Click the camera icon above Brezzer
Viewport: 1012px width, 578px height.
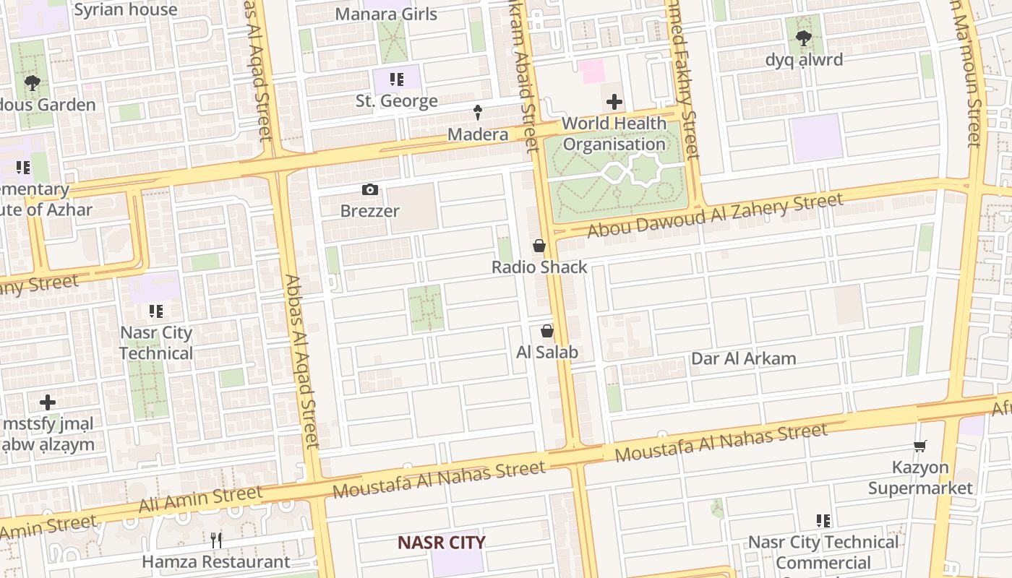tap(369, 190)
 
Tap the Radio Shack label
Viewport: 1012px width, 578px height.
tap(539, 267)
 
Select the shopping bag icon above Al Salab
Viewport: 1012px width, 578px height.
tap(547, 332)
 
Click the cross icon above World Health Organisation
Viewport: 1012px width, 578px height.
tap(614, 102)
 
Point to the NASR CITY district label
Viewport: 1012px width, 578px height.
tap(442, 543)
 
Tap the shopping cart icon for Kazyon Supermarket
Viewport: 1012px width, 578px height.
tap(919, 447)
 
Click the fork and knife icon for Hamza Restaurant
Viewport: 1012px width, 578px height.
tap(215, 540)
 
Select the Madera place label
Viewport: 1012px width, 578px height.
tap(478, 134)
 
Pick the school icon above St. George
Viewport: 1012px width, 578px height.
tap(396, 79)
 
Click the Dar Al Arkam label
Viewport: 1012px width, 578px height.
tap(744, 359)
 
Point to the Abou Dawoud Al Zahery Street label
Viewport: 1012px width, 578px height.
tap(715, 215)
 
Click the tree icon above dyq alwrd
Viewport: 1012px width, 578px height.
tap(803, 38)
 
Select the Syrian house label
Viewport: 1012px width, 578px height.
tap(126, 10)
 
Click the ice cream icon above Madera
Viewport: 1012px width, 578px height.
tap(478, 112)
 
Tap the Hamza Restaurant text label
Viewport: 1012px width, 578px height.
tap(215, 561)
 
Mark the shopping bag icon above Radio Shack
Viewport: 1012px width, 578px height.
tap(539, 246)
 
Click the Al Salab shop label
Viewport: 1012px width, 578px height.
tap(547, 353)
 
